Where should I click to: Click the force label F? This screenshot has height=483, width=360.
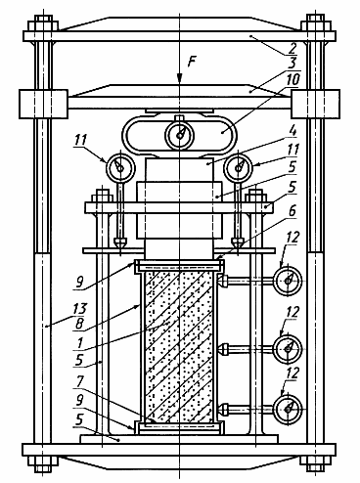[x=193, y=61]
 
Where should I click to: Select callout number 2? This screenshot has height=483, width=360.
[x=292, y=48]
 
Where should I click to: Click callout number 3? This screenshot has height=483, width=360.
[x=292, y=65]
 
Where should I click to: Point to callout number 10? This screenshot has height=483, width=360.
[x=292, y=80]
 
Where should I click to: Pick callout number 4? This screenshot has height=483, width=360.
[x=292, y=133]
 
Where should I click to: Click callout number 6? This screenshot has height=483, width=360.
[x=292, y=212]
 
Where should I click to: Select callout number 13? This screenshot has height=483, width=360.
[x=79, y=308]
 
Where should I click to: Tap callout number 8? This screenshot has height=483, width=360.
[x=79, y=325]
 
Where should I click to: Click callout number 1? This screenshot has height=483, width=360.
[x=80, y=343]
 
